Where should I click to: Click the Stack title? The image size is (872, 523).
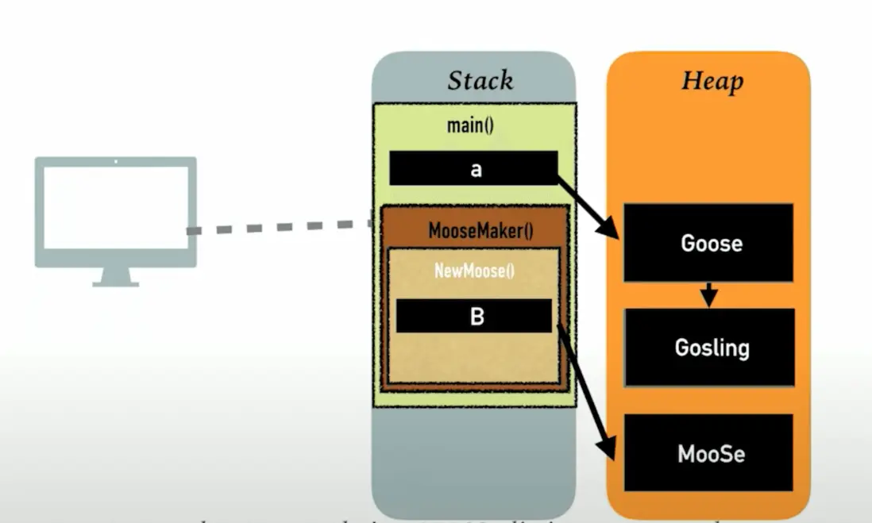480,80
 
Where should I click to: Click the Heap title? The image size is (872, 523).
712,80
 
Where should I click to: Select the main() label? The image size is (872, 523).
471,125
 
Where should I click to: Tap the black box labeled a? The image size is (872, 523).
473,169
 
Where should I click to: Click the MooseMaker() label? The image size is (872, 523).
480,231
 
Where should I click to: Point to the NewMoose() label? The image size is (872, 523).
474,271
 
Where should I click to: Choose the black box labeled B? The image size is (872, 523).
473,316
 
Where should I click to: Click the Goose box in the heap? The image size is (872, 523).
708,243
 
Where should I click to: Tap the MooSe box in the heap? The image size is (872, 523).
708,453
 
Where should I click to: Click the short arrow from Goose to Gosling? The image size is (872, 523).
709,294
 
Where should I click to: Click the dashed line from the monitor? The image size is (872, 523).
278,228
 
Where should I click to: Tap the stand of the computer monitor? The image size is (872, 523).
116,276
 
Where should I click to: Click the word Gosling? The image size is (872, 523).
712,348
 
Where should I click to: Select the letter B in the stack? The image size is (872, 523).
477,317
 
